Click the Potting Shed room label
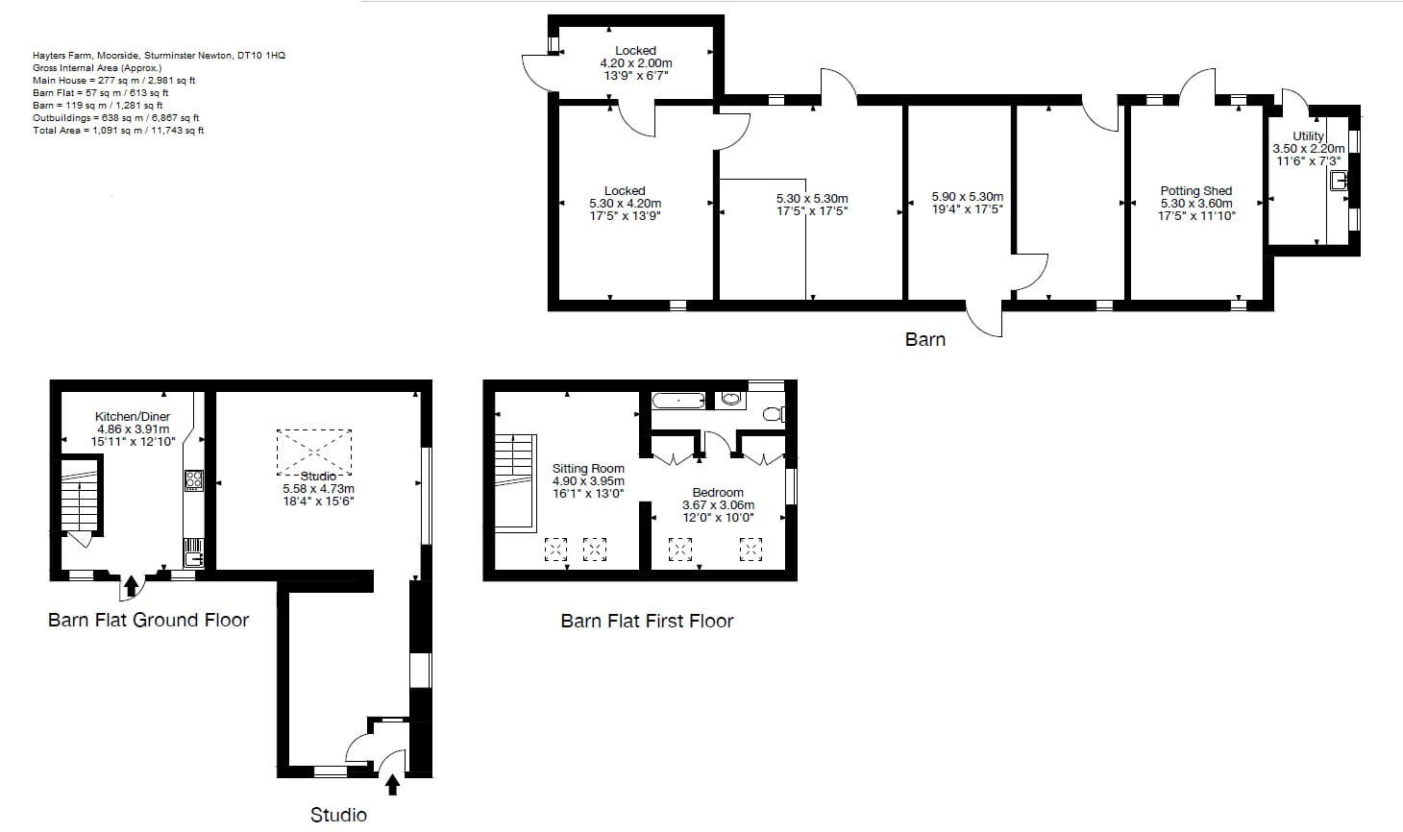click(x=1195, y=191)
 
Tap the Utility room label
click(x=1308, y=136)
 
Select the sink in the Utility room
click(x=1339, y=180)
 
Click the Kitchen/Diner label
click(x=133, y=417)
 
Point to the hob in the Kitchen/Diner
click(x=193, y=480)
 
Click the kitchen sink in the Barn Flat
click(x=193, y=552)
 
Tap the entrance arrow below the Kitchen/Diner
click(x=131, y=587)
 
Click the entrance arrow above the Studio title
click(x=392, y=785)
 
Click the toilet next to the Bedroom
click(x=773, y=415)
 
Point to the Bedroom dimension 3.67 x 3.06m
click(x=718, y=505)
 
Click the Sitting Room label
click(x=588, y=469)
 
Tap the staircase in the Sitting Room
click(x=515, y=481)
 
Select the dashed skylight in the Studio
click(x=314, y=452)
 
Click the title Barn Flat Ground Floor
click(x=148, y=621)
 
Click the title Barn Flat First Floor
click(x=647, y=622)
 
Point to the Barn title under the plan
click(x=924, y=339)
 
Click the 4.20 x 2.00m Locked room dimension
click(x=635, y=63)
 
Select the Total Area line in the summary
click(x=118, y=131)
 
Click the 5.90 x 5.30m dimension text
click(x=967, y=197)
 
